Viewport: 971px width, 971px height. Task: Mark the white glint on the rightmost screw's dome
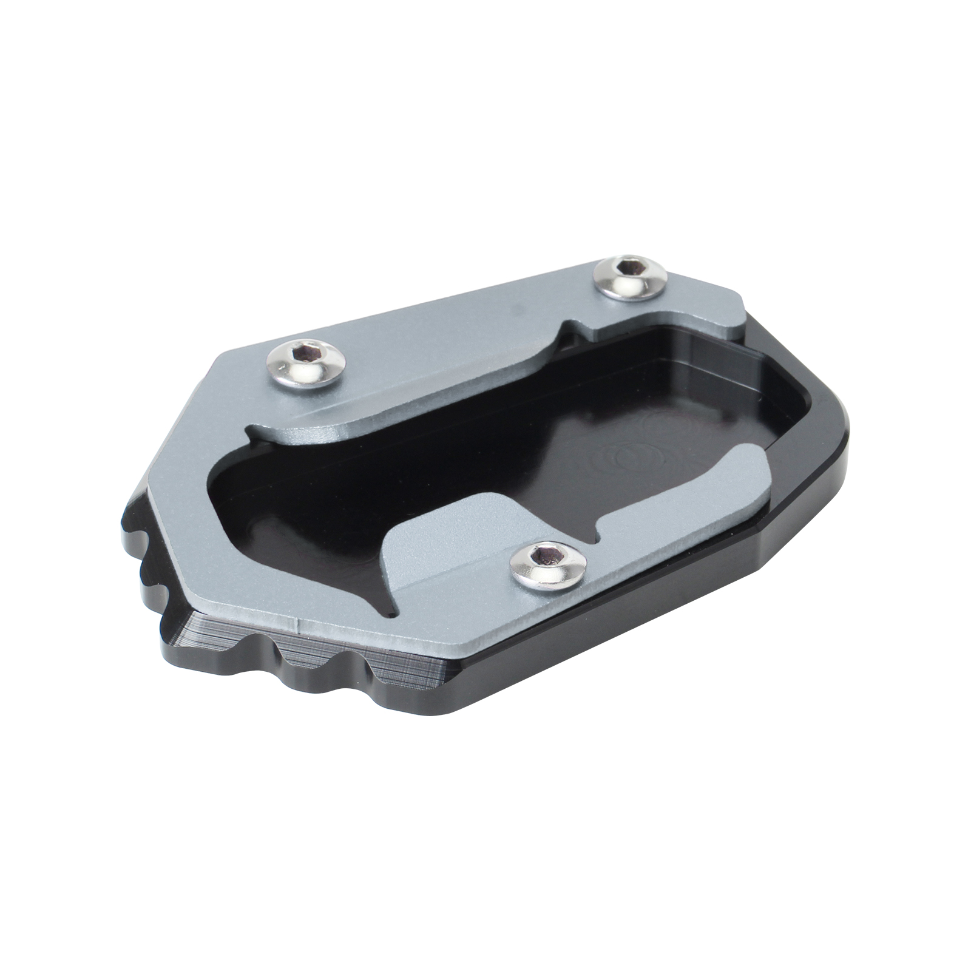[x=637, y=285]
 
